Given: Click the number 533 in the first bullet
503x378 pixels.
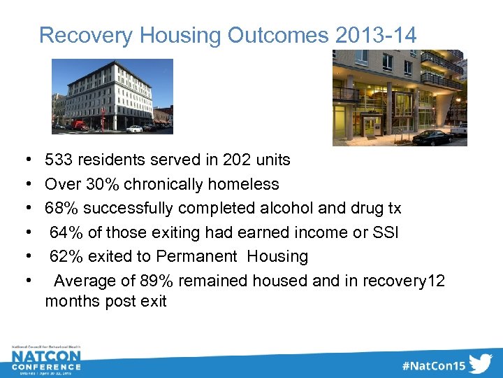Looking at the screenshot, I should click(x=59, y=160).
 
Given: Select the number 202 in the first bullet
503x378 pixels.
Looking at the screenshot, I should click(x=237, y=160).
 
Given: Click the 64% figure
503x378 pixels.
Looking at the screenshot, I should click(x=66, y=232).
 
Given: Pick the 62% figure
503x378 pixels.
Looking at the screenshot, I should click(x=66, y=257).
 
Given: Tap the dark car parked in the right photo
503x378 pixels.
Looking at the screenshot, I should click(x=432, y=137).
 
